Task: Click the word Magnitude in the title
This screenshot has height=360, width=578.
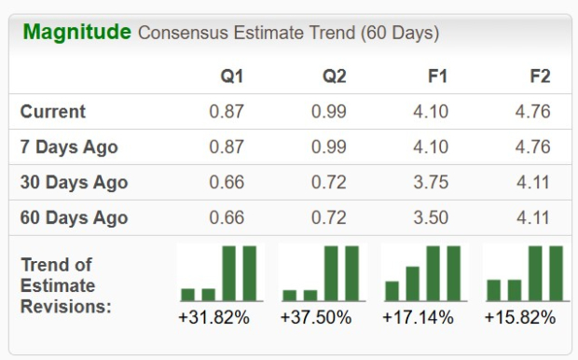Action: (76, 32)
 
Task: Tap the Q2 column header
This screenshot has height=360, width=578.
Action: (333, 76)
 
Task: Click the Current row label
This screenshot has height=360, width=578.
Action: (53, 112)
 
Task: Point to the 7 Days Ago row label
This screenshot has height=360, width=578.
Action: (69, 147)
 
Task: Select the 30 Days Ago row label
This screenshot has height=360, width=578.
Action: (74, 183)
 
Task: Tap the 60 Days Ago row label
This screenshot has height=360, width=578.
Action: (74, 218)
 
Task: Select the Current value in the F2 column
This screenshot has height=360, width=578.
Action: (531, 112)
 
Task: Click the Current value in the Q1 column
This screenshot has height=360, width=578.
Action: (227, 112)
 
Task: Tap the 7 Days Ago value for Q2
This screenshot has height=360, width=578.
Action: (328, 147)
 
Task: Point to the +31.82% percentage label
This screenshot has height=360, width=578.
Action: (213, 318)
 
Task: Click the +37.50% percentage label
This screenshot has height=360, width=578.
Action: (316, 318)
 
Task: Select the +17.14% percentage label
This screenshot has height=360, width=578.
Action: (418, 318)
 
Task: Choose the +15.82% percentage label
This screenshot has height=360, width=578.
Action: (519, 318)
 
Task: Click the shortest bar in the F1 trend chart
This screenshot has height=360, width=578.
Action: (392, 291)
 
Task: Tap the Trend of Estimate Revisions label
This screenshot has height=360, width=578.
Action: (65, 284)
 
